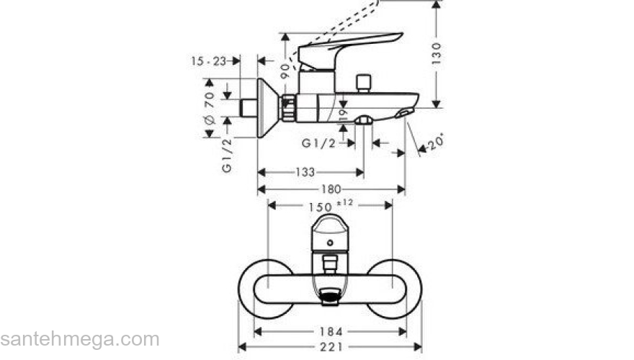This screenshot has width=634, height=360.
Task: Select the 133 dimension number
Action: coord(305,173)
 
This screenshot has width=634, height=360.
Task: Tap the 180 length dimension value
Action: coord(331,189)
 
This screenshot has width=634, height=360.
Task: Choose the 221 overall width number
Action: coord(331,347)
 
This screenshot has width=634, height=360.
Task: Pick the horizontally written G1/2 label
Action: coord(318,143)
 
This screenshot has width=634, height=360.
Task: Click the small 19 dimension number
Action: coord(343,113)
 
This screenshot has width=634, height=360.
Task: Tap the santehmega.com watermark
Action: coord(79,339)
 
